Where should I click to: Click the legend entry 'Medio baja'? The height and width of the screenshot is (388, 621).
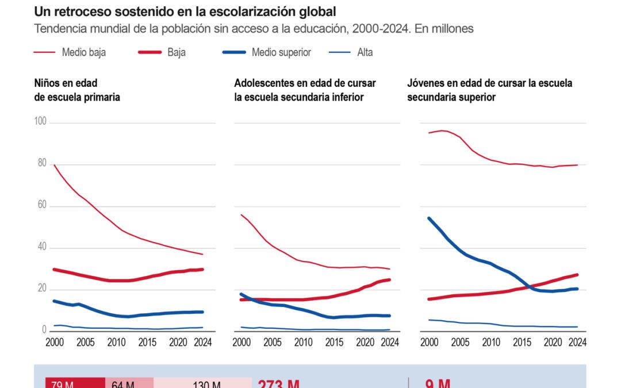click(83, 52)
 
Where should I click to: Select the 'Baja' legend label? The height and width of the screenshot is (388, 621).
click(177, 52)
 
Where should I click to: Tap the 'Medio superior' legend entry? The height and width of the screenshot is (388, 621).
click(281, 52)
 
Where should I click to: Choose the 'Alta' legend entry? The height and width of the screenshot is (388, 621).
click(365, 52)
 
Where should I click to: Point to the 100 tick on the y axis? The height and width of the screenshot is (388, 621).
click(40, 122)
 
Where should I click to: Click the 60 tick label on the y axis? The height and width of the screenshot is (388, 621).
click(41, 206)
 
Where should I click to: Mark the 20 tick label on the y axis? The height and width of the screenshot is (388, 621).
click(41, 289)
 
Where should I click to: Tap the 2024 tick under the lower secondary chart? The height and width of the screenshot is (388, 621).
click(390, 341)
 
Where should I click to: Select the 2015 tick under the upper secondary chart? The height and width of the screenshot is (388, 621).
click(523, 341)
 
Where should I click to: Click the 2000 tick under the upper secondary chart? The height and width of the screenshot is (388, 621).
click(429, 341)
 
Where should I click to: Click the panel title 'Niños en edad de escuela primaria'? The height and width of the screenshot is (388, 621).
click(77, 90)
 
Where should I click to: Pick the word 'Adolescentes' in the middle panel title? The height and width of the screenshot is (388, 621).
click(262, 83)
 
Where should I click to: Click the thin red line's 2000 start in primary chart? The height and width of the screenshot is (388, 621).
click(53, 166)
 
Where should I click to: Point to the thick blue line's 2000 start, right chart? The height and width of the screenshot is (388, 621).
click(429, 218)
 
